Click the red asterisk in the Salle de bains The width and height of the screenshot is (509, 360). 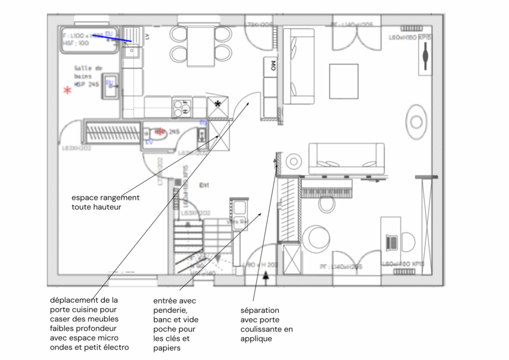coord(67,90)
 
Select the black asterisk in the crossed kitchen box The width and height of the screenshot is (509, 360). coord(218,103)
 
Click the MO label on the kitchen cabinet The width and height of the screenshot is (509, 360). coord(273,65)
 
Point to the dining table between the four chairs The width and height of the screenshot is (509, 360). coord(201,46)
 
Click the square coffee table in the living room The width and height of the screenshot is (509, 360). coord(343,82)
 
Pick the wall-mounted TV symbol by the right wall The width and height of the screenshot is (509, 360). coord(425,56)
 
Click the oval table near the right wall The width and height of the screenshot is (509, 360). coord(416,121)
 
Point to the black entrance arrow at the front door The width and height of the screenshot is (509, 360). coord(267,274)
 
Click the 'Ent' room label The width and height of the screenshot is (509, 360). coord(204,185)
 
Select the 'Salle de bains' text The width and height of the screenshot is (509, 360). coord(88,72)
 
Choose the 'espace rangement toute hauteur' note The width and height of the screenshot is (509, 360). coord(105,202)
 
